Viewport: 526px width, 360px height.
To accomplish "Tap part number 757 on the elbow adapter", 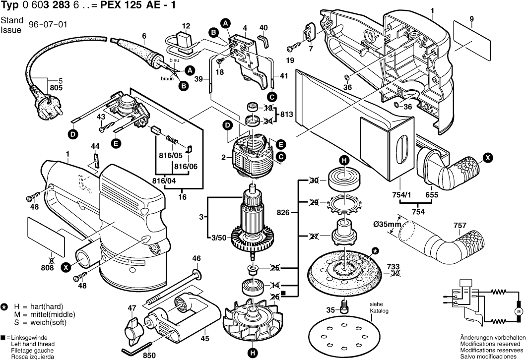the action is pos(460,226).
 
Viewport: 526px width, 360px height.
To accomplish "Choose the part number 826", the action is pos(283,212).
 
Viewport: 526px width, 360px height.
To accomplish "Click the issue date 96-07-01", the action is pos(48,25).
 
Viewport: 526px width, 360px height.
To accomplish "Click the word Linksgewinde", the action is pos(29,338).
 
